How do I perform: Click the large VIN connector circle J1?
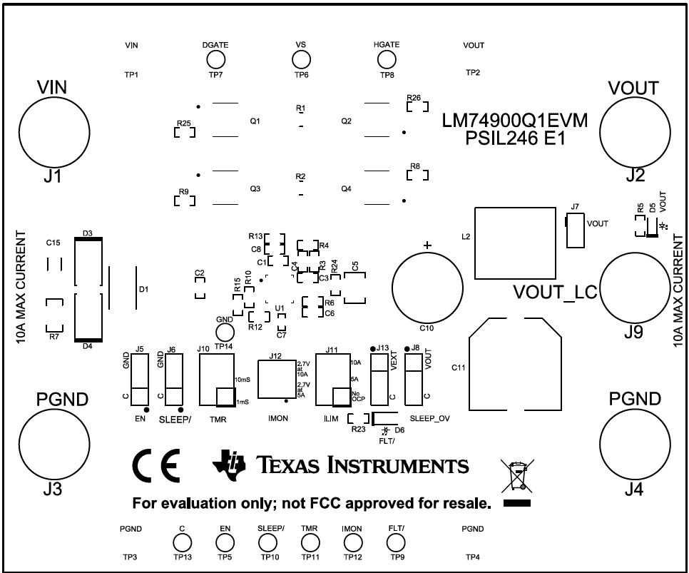click(53, 131)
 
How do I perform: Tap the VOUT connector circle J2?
click(634, 131)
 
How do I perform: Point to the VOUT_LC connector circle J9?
click(634, 290)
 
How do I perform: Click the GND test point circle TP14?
click(225, 331)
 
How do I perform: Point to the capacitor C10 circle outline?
click(427, 285)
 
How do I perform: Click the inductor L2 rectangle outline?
click(515, 243)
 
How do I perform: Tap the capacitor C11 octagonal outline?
click(515, 368)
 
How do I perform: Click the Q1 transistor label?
click(255, 122)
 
